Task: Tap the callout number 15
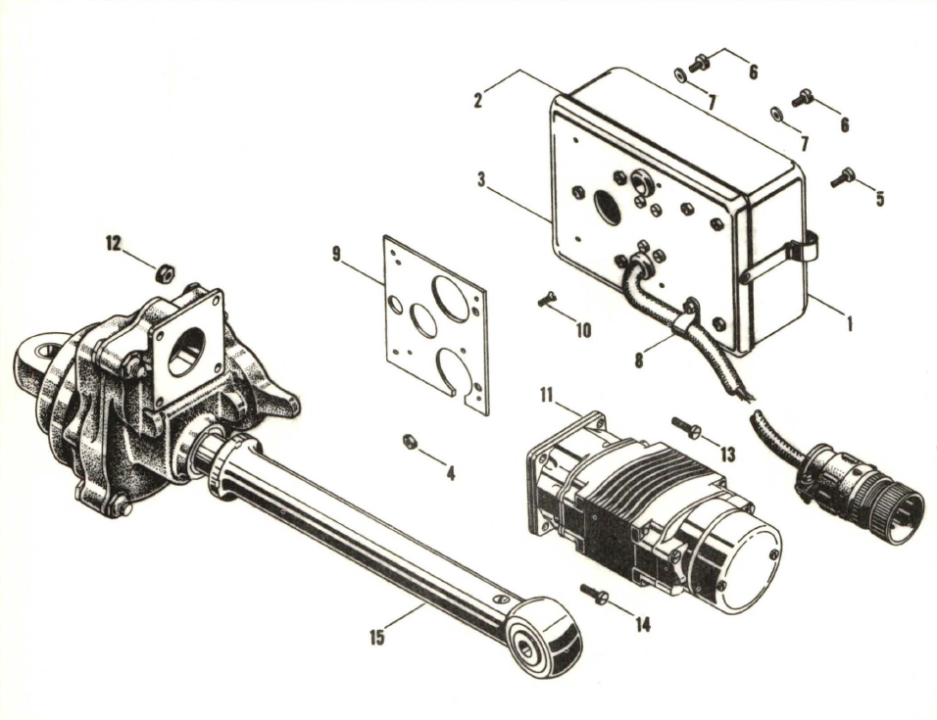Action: click(377, 638)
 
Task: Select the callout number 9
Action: click(337, 256)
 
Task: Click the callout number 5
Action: click(879, 198)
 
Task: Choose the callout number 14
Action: click(643, 624)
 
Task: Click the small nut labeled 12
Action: click(167, 269)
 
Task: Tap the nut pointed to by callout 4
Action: click(410, 442)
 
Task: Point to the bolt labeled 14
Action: click(592, 593)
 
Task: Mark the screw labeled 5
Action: click(842, 177)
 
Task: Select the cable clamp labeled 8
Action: click(689, 315)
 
